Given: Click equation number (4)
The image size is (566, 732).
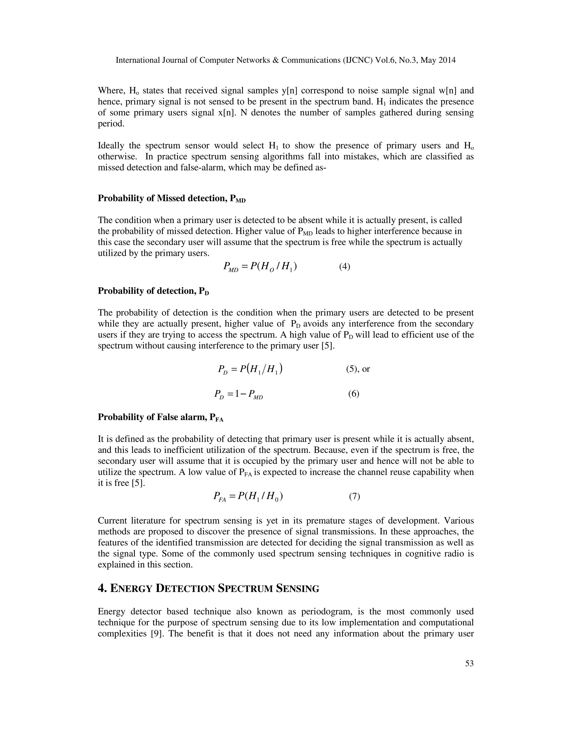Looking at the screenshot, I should (344, 267).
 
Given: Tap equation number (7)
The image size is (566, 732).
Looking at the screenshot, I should (354, 496).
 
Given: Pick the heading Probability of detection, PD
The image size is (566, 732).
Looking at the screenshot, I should (153, 291).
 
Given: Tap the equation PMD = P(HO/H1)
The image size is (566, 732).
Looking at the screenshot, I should (260, 267).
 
